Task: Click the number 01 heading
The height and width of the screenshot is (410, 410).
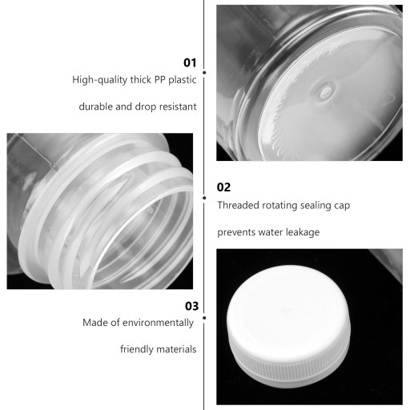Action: (190, 62)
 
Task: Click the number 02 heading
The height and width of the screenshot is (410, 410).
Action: (223, 187)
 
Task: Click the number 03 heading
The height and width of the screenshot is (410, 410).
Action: (192, 306)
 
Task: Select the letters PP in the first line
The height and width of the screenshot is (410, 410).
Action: (160, 79)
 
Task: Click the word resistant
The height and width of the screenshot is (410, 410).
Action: (178, 107)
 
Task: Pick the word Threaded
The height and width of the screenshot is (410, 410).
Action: (239, 205)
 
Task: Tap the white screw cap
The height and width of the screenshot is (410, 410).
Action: (288, 326)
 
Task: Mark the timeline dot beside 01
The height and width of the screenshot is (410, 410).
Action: (204, 73)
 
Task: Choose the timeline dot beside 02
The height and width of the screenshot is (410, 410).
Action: (204, 198)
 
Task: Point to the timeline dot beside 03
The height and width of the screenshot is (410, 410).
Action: (204, 318)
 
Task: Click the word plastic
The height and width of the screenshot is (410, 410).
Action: (183, 80)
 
